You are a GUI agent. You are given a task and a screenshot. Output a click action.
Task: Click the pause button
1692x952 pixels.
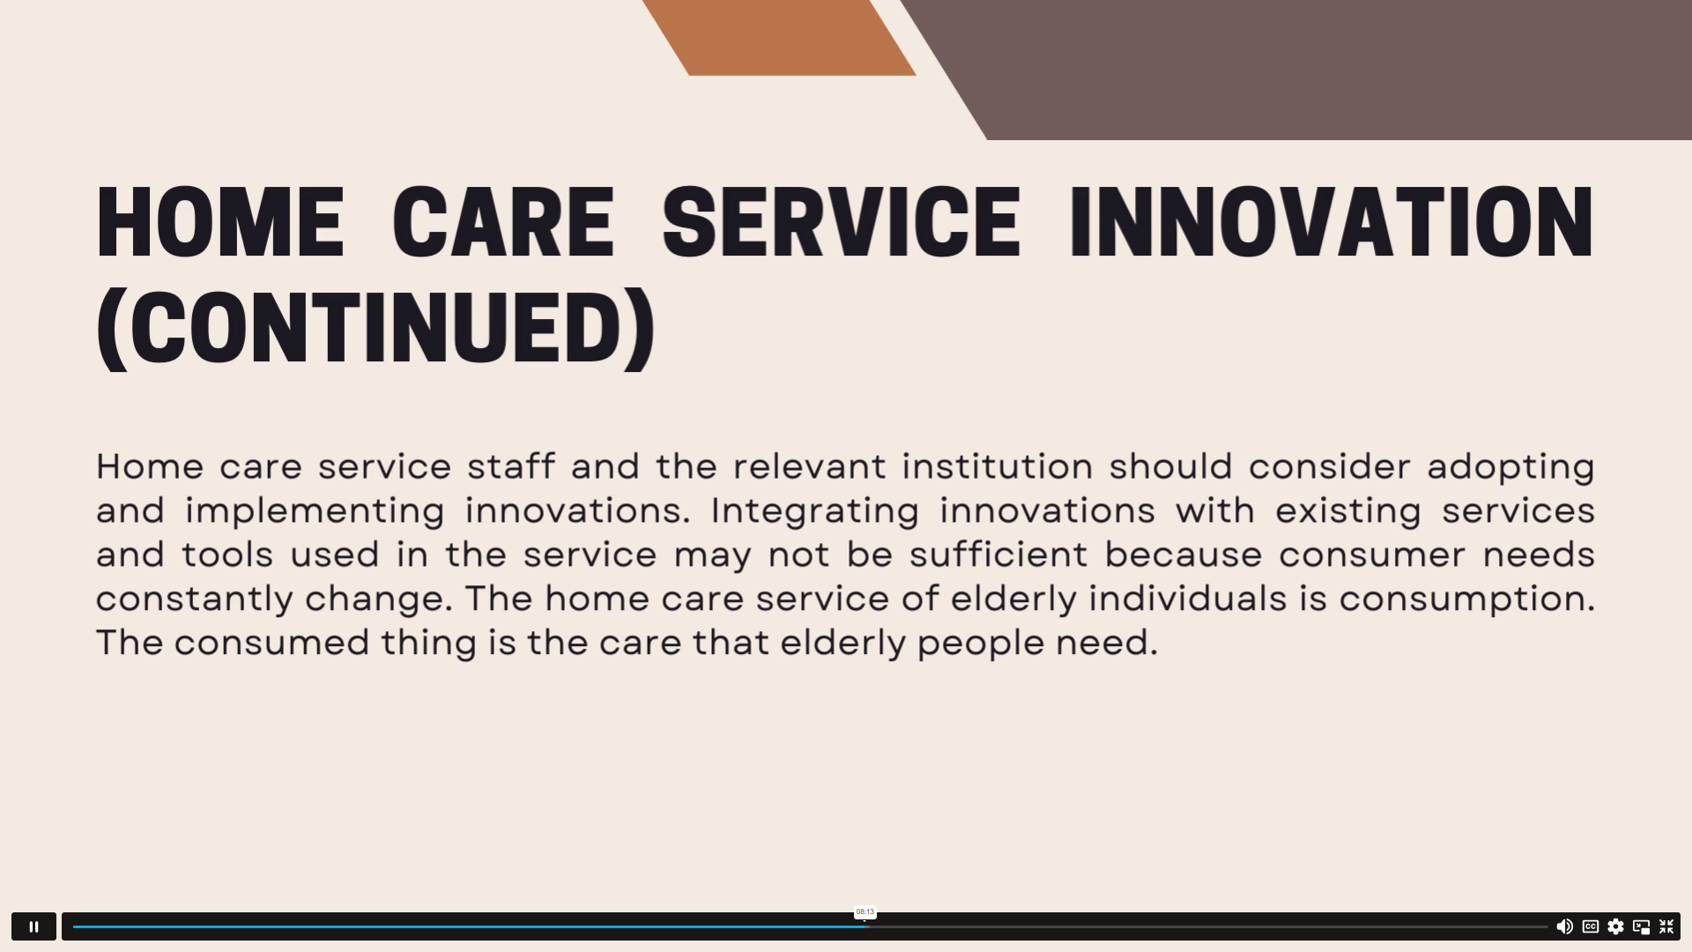tap(33, 926)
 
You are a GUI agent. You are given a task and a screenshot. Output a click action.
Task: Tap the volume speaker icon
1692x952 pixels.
tap(1564, 926)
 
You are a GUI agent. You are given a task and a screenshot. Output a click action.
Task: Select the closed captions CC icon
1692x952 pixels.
tap(1591, 926)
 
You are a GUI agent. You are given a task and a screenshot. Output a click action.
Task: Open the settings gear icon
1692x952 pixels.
tap(1615, 926)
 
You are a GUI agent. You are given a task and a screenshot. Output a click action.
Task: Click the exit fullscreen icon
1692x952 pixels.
tap(1666, 926)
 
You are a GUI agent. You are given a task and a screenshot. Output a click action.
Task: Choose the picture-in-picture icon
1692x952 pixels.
tap(1641, 926)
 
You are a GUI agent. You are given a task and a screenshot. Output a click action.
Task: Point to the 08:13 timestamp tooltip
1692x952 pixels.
tap(865, 912)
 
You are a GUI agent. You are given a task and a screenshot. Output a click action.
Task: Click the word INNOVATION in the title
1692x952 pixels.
tap(1332, 222)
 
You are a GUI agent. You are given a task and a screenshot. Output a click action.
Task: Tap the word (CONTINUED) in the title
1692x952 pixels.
tap(376, 328)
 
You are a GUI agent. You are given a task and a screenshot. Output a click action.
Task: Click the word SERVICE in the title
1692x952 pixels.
tap(842, 222)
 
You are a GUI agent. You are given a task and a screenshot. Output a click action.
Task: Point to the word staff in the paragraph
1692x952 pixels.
tap(511, 466)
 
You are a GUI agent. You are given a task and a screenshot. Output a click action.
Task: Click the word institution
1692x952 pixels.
tap(998, 466)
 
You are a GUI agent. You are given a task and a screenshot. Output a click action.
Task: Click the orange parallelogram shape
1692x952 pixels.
tap(779, 37)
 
